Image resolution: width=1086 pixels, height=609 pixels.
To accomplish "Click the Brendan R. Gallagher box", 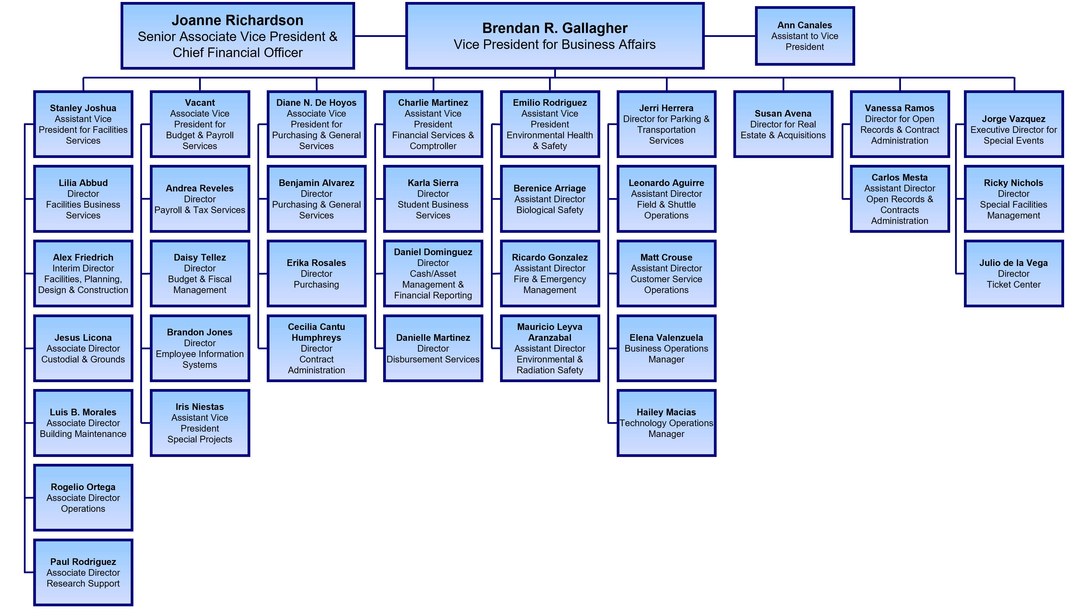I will (x=554, y=36).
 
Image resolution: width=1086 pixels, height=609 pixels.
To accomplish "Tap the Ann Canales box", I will (x=804, y=36).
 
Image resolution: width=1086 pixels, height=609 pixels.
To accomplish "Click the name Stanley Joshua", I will (x=83, y=108).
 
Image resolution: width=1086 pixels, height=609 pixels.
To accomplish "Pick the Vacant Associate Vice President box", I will (x=200, y=124).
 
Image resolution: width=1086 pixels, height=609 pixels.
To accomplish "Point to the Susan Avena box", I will (x=783, y=124).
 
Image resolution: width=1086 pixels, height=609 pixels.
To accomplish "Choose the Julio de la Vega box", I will (x=1013, y=274).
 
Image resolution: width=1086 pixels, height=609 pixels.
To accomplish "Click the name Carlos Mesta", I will (x=900, y=177).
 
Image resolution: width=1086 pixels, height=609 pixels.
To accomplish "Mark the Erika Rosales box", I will (x=316, y=274).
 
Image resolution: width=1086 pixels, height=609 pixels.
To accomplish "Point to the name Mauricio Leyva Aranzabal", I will (x=550, y=332).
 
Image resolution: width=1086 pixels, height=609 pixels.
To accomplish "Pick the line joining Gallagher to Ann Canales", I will (x=730, y=36).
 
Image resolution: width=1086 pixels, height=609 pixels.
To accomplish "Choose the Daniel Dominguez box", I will (x=433, y=274).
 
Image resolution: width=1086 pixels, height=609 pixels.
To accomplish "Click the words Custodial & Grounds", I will (x=83, y=359).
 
